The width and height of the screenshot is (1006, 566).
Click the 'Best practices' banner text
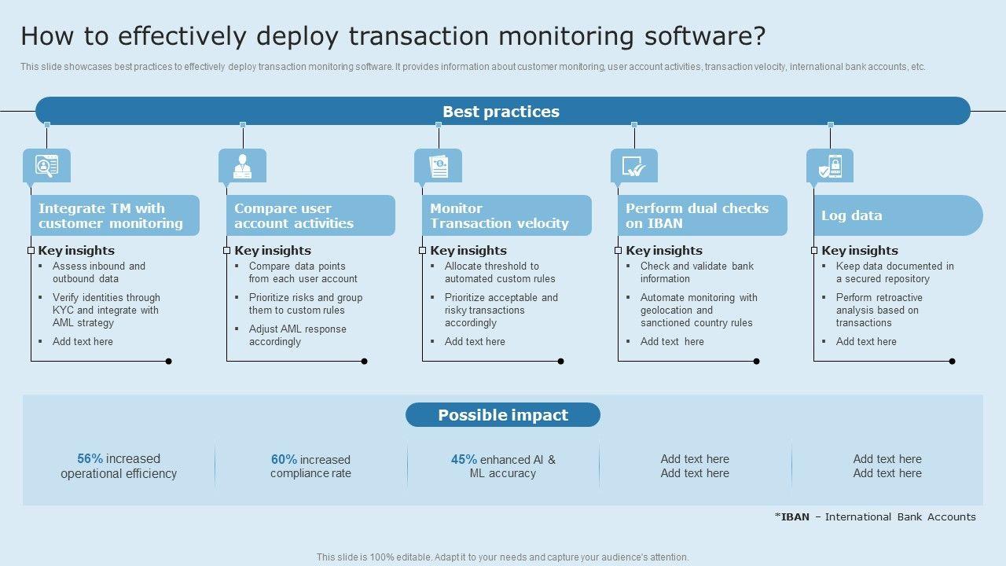501,112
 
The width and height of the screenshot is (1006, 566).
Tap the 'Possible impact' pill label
503,415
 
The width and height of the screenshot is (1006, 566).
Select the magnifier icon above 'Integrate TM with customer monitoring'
46,166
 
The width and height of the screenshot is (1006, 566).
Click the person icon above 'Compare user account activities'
242,166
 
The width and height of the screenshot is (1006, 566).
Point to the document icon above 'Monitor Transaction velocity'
438,166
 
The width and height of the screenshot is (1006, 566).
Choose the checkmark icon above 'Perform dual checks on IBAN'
633,166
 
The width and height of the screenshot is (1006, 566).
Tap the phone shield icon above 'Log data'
829,166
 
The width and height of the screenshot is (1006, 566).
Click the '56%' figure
90,459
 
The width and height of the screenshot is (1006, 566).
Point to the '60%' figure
284,460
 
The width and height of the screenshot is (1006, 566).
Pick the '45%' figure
464,460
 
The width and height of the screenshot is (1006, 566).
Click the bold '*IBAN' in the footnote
791,517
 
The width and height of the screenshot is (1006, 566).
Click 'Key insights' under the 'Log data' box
859,251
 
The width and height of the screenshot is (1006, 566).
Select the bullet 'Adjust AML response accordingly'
297,335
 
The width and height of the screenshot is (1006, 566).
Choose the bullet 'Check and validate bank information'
696,272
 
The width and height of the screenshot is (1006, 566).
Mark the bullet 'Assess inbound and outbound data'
98,272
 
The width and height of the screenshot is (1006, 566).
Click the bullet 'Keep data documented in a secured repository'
894,272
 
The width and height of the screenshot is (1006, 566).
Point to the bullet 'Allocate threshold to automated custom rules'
499,272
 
